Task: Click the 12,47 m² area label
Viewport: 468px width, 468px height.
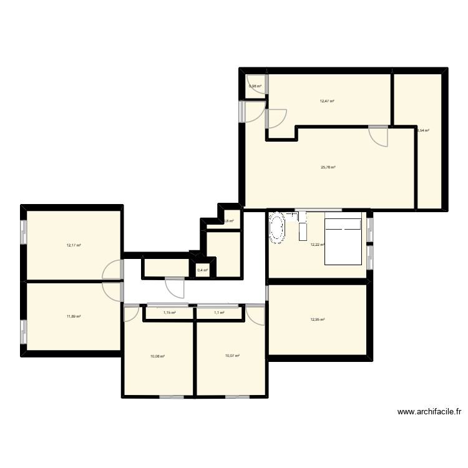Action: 327,101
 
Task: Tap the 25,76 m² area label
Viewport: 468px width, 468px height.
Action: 328,167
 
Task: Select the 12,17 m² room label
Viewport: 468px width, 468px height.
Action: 74,245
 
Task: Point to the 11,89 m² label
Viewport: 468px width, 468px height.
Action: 74,316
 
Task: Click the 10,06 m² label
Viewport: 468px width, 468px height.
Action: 157,356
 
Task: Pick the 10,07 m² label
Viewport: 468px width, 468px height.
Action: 232,356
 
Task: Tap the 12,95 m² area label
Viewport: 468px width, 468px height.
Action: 318,320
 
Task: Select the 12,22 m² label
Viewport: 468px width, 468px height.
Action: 317,245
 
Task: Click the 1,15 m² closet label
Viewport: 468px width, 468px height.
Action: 169,313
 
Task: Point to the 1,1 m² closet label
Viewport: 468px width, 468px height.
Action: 219,313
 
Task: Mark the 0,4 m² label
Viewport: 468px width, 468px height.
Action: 202,270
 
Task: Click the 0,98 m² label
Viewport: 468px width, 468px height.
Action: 255,86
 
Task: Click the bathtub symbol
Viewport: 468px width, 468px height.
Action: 277,228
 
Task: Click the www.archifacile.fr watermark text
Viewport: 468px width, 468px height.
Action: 429,412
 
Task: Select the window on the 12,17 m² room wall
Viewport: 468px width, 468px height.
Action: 24,232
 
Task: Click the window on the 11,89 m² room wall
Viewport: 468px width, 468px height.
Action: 24,331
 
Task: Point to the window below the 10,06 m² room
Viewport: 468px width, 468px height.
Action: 172,397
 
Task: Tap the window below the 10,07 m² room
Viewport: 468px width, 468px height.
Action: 237,397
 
